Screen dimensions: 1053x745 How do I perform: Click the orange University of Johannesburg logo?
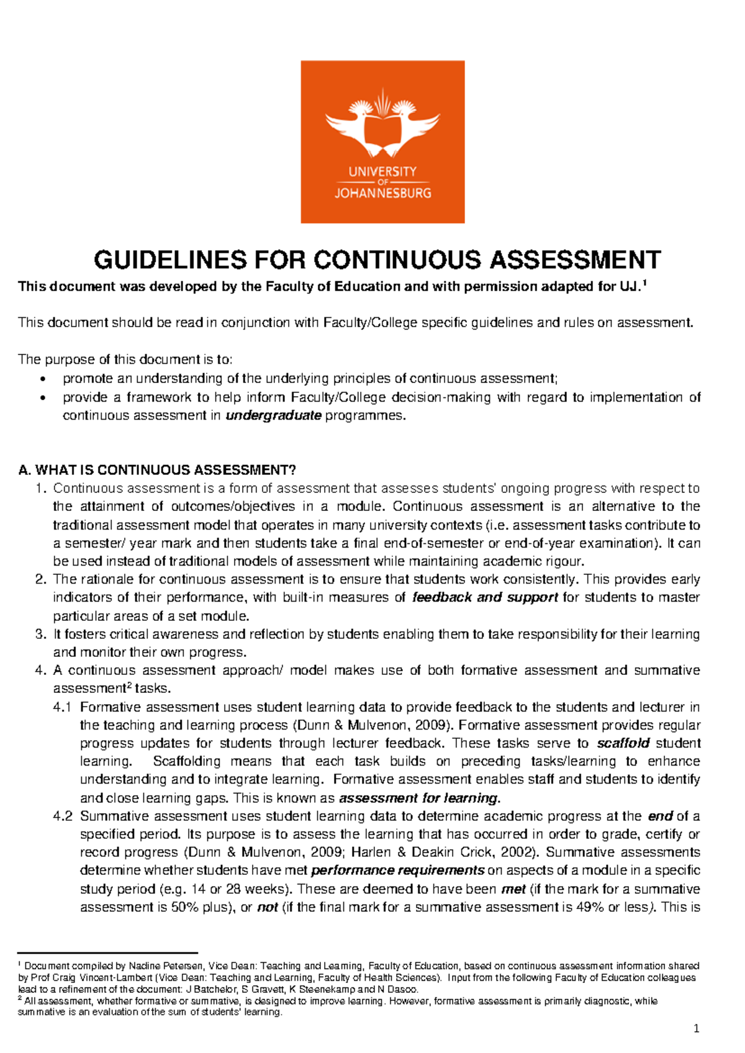[x=382, y=142]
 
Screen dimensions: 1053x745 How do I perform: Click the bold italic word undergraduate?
[x=273, y=415]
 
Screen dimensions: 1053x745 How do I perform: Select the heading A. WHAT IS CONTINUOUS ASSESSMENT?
[x=158, y=469]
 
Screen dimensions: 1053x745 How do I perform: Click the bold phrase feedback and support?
[x=485, y=597]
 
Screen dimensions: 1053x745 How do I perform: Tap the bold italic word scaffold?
[x=623, y=743]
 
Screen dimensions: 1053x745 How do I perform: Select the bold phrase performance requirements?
[x=397, y=870]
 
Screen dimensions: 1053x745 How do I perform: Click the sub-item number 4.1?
[x=63, y=707]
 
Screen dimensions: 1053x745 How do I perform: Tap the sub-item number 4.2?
[x=63, y=816]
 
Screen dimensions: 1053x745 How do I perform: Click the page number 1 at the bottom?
[x=696, y=1029]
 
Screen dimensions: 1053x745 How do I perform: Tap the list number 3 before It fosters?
[x=40, y=634]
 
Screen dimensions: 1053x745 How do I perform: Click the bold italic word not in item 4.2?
[x=267, y=907]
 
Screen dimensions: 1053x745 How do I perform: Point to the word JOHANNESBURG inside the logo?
[x=382, y=193]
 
